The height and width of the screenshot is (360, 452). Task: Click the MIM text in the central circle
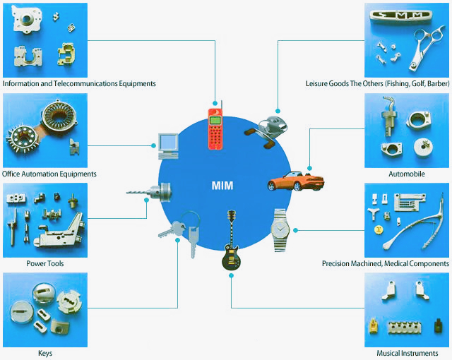[222, 186]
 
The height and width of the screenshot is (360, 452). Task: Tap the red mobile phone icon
[215, 127]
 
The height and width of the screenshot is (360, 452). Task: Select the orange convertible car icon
[296, 181]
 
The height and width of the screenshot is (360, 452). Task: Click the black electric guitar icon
[231, 241]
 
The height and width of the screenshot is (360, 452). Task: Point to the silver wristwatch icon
[280, 230]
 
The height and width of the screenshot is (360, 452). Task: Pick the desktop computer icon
[168, 146]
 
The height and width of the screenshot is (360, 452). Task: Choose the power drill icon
[149, 191]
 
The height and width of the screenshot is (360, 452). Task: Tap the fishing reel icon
[267, 131]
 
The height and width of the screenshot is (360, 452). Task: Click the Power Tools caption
[45, 263]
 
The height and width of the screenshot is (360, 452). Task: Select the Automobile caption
[407, 174]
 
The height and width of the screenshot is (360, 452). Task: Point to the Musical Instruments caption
[407, 353]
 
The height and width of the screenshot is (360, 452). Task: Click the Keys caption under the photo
[45, 354]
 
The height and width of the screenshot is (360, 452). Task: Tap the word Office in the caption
[11, 174]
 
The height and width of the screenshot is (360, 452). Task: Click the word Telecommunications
[85, 83]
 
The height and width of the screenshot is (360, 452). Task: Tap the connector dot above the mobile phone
[215, 103]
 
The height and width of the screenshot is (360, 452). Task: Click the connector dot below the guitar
[231, 275]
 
